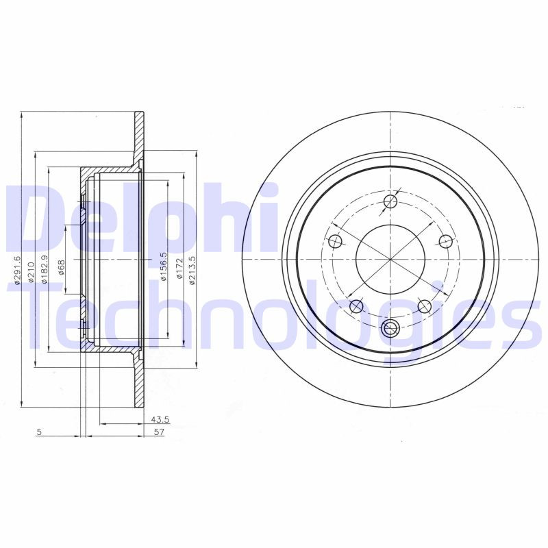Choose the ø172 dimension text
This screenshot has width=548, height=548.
(179, 268)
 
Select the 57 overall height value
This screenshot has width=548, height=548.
(159, 432)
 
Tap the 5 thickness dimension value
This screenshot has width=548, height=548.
(40, 432)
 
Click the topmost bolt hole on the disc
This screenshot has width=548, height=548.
(390, 201)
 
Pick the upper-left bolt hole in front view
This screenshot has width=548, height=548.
(335, 241)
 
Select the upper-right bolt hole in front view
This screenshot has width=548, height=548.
(445, 241)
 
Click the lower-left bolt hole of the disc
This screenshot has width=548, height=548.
(356, 306)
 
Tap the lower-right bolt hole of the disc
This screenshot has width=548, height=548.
(425, 306)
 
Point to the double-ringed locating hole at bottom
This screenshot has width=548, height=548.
(390, 328)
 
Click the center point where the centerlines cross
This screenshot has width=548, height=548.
(390, 260)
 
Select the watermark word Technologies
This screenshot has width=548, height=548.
(274, 315)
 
